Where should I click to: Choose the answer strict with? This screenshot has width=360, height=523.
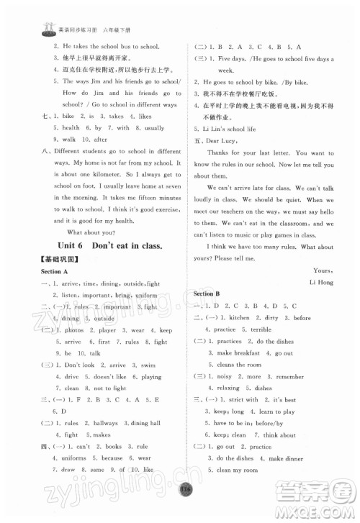[243, 399]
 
